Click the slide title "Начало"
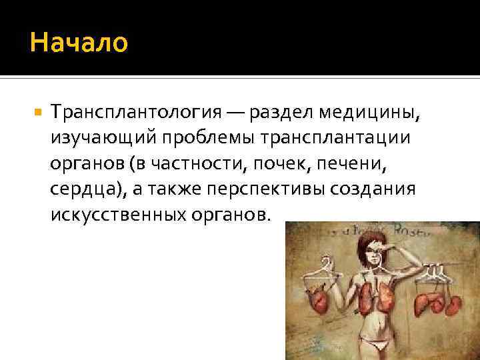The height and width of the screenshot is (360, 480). coord(79,44)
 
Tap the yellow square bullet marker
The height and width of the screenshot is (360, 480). coord(37,112)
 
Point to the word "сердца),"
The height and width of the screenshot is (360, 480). coord(87,188)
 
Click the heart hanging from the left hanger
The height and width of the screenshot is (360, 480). coord(318,300)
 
